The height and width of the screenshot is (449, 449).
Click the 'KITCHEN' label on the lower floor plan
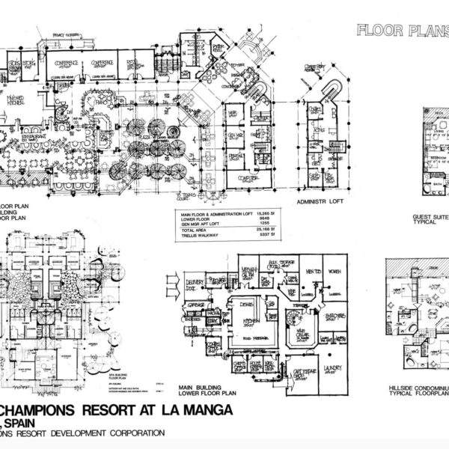[246, 320]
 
